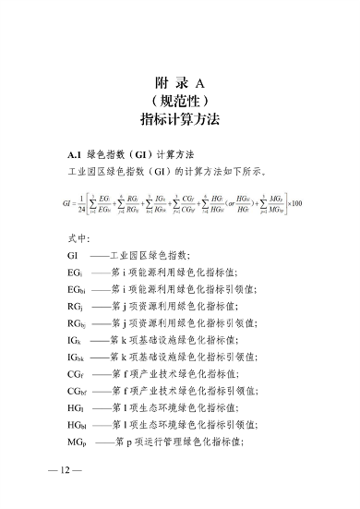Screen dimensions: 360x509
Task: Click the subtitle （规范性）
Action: pos(179,102)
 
